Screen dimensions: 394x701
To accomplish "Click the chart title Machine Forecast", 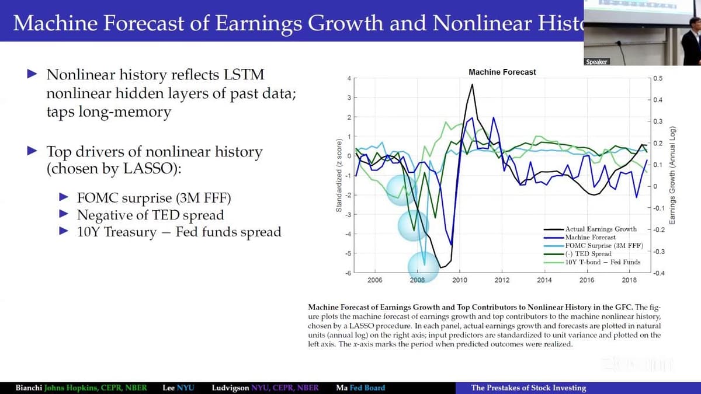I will coord(502,72).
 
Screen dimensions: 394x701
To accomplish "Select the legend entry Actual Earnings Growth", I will coord(601,229).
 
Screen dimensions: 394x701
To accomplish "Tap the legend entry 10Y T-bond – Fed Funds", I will coord(602,262).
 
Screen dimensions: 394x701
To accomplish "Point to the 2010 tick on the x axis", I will coord(460,280).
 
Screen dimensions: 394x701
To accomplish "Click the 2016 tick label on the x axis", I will coord(587,280).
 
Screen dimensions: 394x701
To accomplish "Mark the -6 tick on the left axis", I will coord(347,273).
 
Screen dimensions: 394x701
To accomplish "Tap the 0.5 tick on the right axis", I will coord(658,78).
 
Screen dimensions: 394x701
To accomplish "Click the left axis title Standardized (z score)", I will coord(338,176).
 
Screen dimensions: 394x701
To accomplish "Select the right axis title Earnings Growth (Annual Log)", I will coord(672,175).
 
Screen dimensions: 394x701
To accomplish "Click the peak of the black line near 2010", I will coord(471,85).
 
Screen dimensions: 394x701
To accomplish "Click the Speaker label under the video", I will coord(596,62).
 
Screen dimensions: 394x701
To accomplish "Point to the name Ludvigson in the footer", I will coord(230,388).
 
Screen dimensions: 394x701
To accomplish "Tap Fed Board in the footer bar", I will coord(367,388).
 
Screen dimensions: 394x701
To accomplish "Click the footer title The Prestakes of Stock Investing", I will coord(528,388).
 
